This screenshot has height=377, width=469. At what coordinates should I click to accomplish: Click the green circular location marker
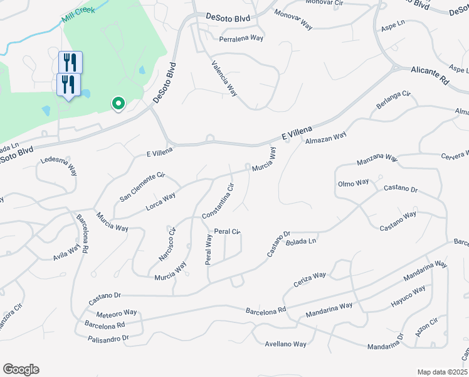pyautogui.click(x=117, y=104)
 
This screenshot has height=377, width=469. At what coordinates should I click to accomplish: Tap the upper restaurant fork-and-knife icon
pyautogui.click(x=71, y=62)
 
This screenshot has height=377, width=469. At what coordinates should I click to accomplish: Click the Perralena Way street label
pyautogui.click(x=241, y=38)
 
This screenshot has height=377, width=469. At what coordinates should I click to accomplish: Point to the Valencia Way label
pyautogui.click(x=224, y=77)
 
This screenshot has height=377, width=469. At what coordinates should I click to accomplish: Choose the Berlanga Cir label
pyautogui.click(x=393, y=101)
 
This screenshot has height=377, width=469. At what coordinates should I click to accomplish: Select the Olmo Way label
pyautogui.click(x=354, y=183)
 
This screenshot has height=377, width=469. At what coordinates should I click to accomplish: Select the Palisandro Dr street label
pyautogui.click(x=107, y=338)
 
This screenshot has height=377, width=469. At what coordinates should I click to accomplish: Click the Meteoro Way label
pyautogui.click(x=117, y=313)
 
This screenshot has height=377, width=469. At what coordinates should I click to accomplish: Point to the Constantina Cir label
pyautogui.click(x=218, y=201)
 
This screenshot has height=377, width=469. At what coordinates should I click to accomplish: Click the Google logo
pyautogui.click(x=21, y=369)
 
